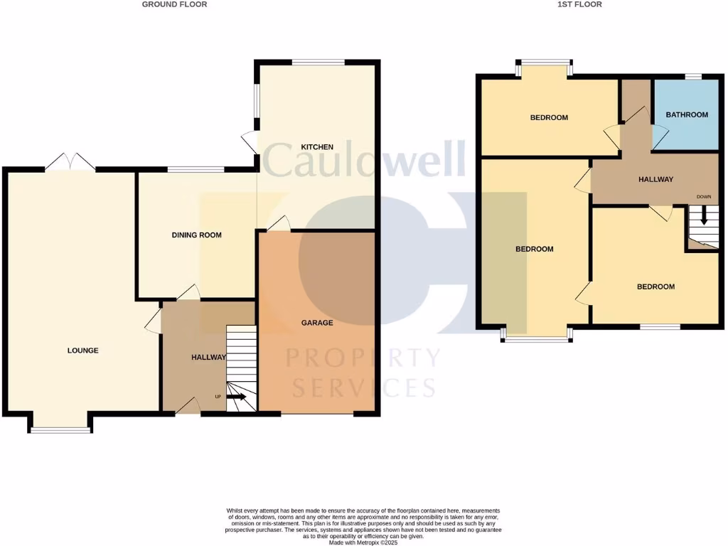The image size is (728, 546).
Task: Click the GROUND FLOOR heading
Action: point(174,4)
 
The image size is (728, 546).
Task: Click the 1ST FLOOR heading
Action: point(580,4)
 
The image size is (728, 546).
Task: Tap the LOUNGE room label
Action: point(82,350)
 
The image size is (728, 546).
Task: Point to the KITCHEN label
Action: point(317,147)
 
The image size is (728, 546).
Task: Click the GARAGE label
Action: point(317,323)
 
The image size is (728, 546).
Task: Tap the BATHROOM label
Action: point(687,115)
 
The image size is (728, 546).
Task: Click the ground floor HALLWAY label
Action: point(208,358)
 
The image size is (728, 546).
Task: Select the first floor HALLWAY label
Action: point(655,180)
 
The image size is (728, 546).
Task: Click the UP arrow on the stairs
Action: point(237,397)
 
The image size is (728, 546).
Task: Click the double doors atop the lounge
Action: point(70,162)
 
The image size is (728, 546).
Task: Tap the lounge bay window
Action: point(60,429)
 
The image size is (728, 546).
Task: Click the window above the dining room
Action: point(196,169)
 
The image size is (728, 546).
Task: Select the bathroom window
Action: point(693,77)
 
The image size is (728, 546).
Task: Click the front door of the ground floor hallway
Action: point(188,406)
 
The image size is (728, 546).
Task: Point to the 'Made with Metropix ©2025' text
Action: point(363,542)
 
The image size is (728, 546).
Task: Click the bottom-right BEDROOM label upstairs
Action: point(655,287)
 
